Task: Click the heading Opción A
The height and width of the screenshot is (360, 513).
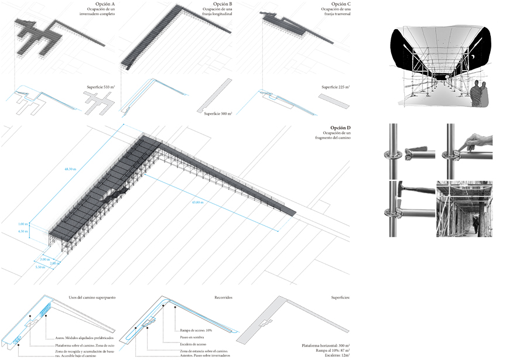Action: (104, 5)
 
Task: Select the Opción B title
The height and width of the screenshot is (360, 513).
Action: (223, 5)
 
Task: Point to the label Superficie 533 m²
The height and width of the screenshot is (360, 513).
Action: (99, 87)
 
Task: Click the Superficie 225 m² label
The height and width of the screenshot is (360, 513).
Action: (335, 87)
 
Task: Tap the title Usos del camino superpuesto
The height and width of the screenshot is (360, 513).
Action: (92, 297)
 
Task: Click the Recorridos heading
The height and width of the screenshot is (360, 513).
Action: (223, 297)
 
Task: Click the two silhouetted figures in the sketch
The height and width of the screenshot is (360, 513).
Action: (480, 94)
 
